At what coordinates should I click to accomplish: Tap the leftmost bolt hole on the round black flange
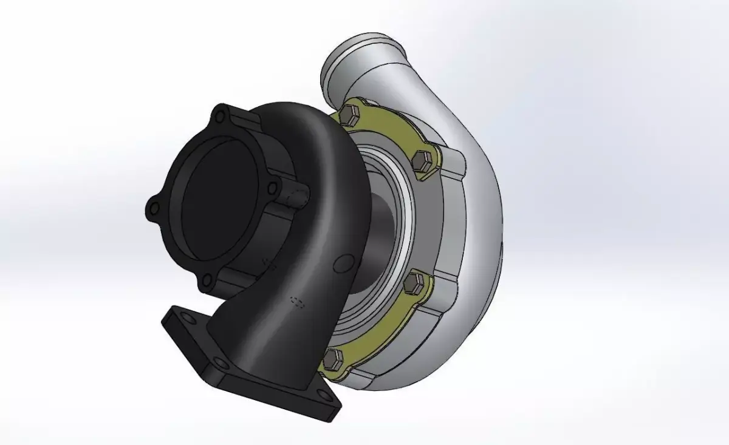[x=154, y=209]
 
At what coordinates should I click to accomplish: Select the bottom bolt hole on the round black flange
[x=207, y=280]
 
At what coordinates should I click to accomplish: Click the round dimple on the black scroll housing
[x=344, y=263]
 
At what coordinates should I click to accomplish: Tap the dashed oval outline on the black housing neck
[x=297, y=302]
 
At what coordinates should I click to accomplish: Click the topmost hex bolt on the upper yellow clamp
[x=349, y=115]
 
